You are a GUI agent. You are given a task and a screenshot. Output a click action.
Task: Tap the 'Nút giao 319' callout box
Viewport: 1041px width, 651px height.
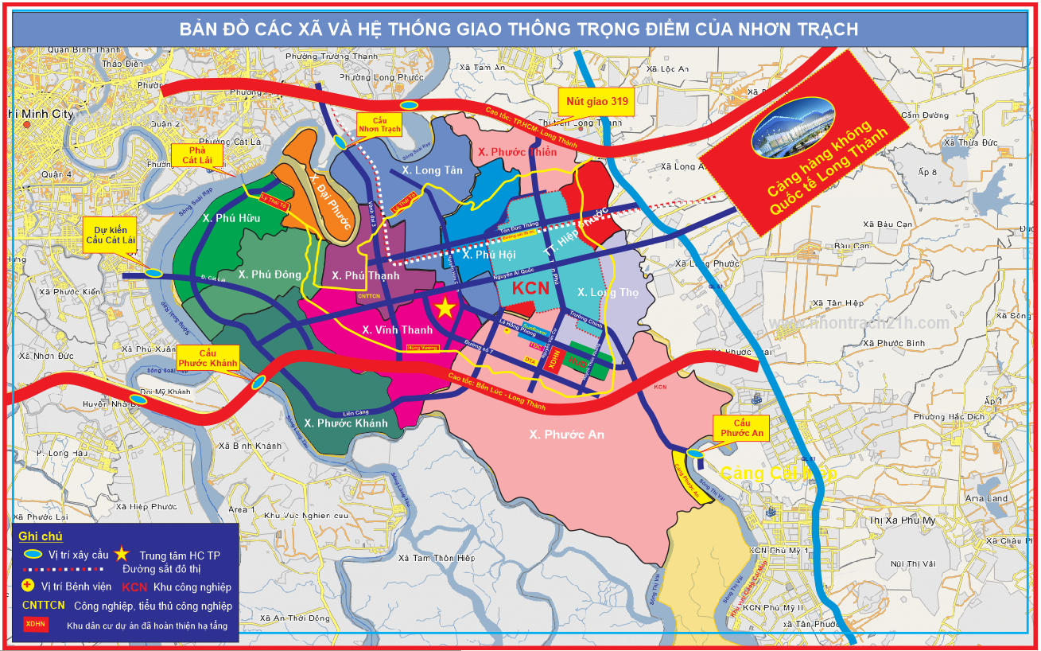[x=597, y=102]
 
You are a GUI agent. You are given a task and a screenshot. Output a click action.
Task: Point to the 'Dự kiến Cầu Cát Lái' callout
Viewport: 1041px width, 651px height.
[x=110, y=236]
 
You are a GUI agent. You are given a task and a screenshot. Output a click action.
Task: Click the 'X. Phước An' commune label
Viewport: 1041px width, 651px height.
[x=566, y=434]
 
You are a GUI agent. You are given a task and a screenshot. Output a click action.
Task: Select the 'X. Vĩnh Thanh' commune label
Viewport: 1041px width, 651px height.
[x=397, y=329]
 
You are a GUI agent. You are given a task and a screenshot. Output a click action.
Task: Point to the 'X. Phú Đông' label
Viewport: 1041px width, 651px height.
[x=270, y=275]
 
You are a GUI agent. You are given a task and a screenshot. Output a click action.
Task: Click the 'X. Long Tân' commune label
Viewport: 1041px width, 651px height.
[x=432, y=170]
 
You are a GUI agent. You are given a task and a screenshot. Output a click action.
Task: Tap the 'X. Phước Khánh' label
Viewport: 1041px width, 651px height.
[x=345, y=423]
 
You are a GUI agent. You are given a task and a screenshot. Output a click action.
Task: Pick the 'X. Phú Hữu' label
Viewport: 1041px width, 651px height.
[x=231, y=218]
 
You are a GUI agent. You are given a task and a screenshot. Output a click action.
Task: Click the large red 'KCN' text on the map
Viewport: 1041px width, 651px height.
[x=530, y=288]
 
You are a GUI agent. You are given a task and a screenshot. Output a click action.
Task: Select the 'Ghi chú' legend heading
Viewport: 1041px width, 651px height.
[x=41, y=536]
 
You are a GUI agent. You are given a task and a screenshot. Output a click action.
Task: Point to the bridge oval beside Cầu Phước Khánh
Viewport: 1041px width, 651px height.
[x=258, y=382]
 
